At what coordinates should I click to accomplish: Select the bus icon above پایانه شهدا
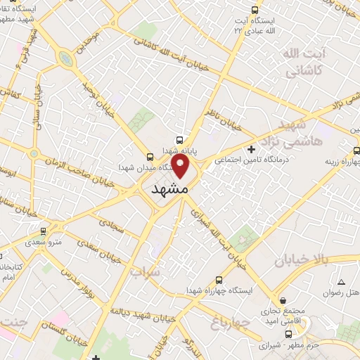[181, 140]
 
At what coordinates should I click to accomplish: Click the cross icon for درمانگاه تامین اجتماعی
[252, 149]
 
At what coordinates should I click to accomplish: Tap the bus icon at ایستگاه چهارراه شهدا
[219, 278]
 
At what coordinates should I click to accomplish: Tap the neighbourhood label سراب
[146, 270]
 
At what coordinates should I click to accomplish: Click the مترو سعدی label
[44, 241]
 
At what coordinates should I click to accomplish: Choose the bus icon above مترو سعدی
[43, 231]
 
